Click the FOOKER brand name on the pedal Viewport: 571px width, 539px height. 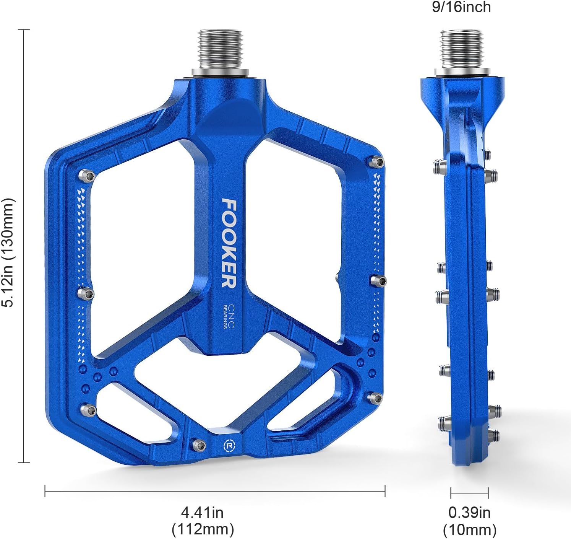point(229,243)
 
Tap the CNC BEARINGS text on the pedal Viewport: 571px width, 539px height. point(229,316)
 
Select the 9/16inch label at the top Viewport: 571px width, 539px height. point(461,7)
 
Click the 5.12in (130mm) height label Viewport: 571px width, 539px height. point(8,252)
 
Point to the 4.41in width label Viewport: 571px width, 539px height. point(202,512)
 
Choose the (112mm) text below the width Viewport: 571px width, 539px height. point(203,529)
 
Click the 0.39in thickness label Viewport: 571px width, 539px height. point(469,512)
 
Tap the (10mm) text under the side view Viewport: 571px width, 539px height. point(469,530)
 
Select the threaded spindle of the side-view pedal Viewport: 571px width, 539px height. point(461,49)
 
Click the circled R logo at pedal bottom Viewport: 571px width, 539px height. point(229,446)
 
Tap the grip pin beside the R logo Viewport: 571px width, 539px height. point(199,445)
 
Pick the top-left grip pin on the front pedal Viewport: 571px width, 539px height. point(87,176)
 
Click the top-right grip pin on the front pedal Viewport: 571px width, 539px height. point(377,162)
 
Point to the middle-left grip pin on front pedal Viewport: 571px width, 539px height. point(86,294)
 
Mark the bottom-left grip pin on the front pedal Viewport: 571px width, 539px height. point(89,410)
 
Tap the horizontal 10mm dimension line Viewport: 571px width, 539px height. point(469,493)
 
